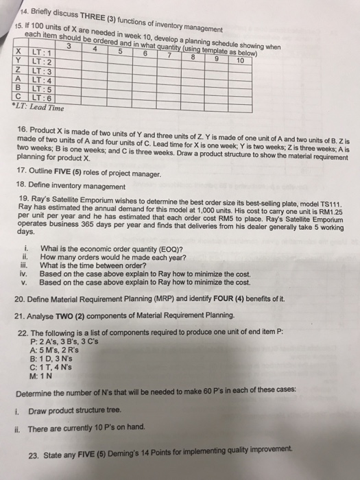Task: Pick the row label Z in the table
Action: click(x=15, y=73)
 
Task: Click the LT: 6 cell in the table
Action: click(x=33, y=98)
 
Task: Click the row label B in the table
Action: click(x=15, y=89)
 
